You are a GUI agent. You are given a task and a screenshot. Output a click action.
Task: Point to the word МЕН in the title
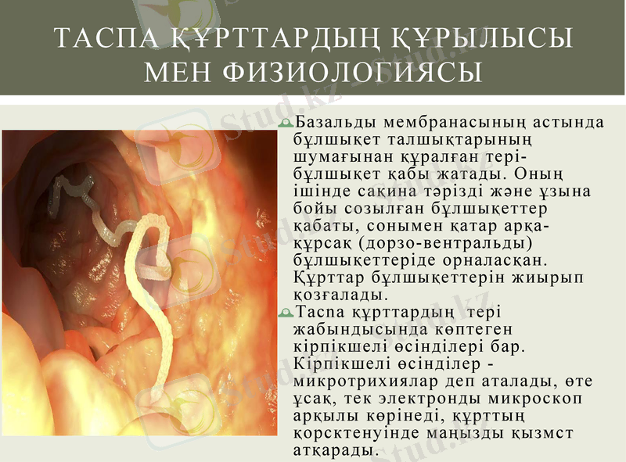[x=179, y=73]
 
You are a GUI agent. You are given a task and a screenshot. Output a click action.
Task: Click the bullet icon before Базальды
[x=286, y=124]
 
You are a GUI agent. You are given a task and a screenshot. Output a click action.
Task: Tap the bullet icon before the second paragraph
[x=286, y=313]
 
